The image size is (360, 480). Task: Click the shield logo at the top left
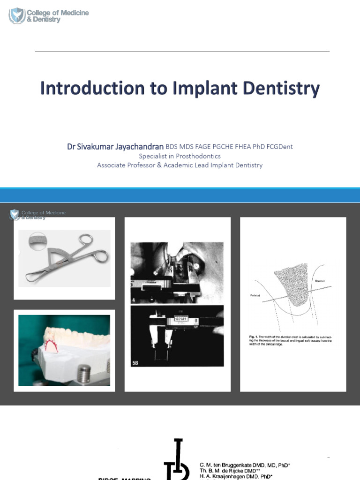17,15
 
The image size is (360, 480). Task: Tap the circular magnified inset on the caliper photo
37,241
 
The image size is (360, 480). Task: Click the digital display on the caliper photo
181,319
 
